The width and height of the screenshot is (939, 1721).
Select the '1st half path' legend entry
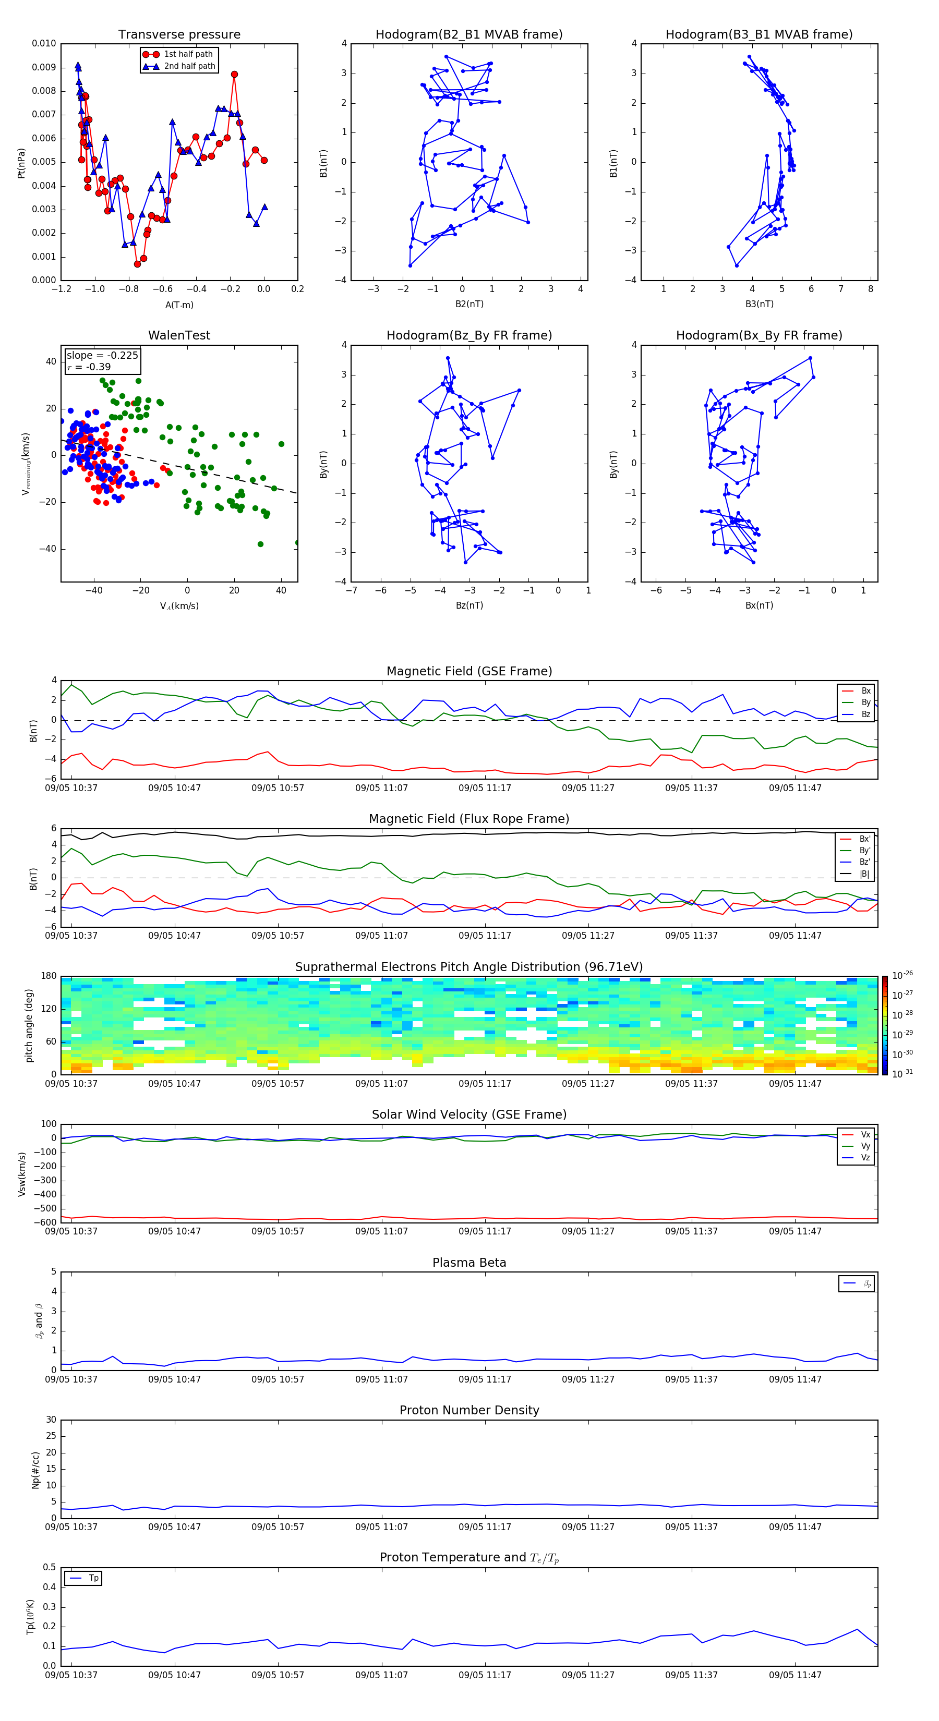(x=188, y=54)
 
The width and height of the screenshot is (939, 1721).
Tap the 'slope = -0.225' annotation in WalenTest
(x=102, y=356)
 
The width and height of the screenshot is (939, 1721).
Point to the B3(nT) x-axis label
(x=759, y=304)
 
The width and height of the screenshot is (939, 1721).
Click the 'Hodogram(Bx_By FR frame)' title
(x=759, y=335)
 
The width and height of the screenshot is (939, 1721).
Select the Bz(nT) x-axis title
(x=469, y=605)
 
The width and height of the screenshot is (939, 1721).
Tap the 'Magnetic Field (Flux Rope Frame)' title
(x=468, y=819)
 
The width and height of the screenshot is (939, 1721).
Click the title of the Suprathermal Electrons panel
(x=468, y=967)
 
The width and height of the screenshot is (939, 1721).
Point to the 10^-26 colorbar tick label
(x=902, y=975)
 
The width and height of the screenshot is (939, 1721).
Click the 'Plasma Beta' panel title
(x=468, y=1263)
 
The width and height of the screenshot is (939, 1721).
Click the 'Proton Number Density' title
(x=468, y=1410)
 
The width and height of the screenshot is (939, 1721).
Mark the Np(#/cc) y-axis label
(x=35, y=1469)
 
